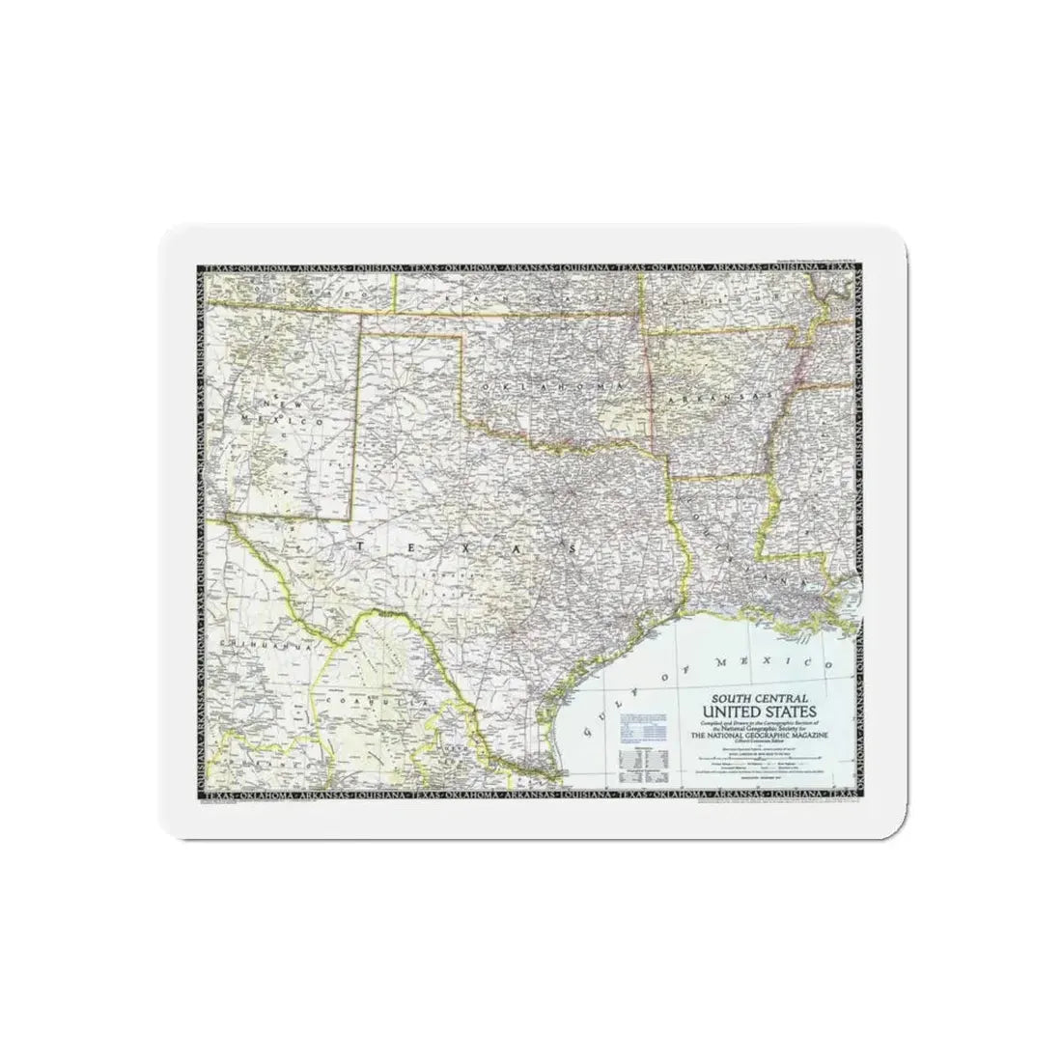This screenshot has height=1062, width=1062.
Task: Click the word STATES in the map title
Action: [797, 710]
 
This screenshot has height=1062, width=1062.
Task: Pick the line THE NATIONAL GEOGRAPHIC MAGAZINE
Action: [760, 735]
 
